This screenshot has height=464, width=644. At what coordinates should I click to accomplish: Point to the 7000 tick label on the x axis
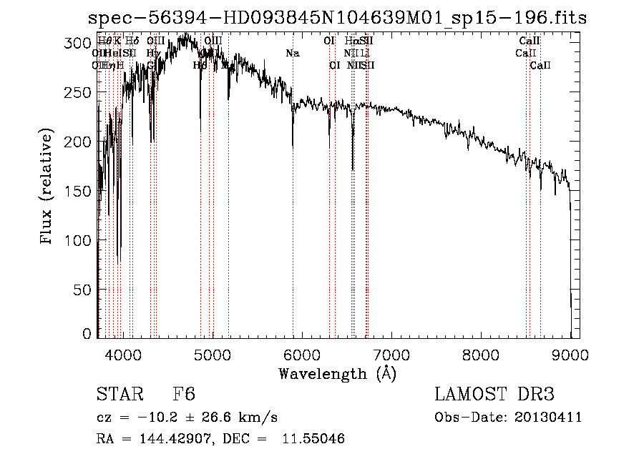391,352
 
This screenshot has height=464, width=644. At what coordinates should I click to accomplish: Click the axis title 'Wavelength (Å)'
337,373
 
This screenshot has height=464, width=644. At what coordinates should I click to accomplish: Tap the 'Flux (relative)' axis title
47,187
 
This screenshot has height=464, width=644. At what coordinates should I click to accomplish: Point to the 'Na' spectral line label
292,54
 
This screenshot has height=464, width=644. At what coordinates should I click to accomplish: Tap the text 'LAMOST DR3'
494,395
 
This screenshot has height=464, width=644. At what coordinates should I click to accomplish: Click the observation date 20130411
550,418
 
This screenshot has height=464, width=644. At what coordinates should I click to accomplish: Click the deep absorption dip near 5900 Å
293,143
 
